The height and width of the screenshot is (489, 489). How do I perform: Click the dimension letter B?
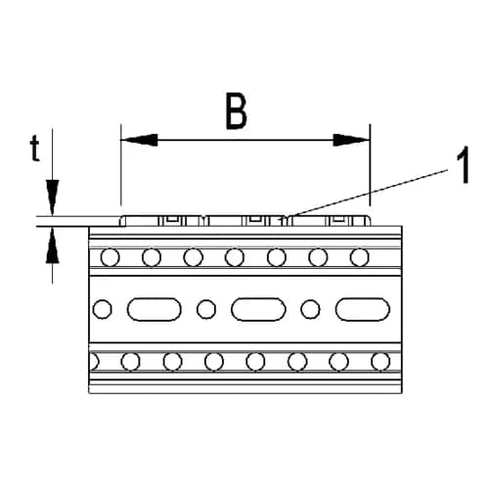point(237,111)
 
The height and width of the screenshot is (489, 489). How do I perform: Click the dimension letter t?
point(35,149)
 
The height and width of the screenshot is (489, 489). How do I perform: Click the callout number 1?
point(463,164)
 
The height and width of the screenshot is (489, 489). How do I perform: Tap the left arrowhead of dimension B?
point(140,140)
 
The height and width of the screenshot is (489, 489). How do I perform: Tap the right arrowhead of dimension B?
point(351,140)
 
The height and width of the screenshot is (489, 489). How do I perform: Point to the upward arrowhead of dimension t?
point(52,244)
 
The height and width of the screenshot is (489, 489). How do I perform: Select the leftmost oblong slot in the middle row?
point(154,309)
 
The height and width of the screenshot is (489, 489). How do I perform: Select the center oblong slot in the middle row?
point(258,309)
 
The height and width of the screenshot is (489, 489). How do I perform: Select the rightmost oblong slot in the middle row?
point(363,309)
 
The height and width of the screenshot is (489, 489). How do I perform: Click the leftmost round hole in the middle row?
point(103,309)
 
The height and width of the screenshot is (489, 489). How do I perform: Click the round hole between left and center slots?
point(206,309)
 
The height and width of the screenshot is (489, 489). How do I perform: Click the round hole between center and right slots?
point(310,309)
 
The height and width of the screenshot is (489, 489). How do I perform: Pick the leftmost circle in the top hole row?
point(111,257)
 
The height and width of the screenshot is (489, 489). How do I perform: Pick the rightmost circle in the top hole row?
point(359,257)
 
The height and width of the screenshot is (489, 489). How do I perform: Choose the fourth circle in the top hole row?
point(235,257)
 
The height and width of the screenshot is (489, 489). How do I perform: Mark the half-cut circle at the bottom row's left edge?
point(94,362)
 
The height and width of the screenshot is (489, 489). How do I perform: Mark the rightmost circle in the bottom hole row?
point(380,362)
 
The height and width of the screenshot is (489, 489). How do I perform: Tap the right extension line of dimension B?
point(370,164)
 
